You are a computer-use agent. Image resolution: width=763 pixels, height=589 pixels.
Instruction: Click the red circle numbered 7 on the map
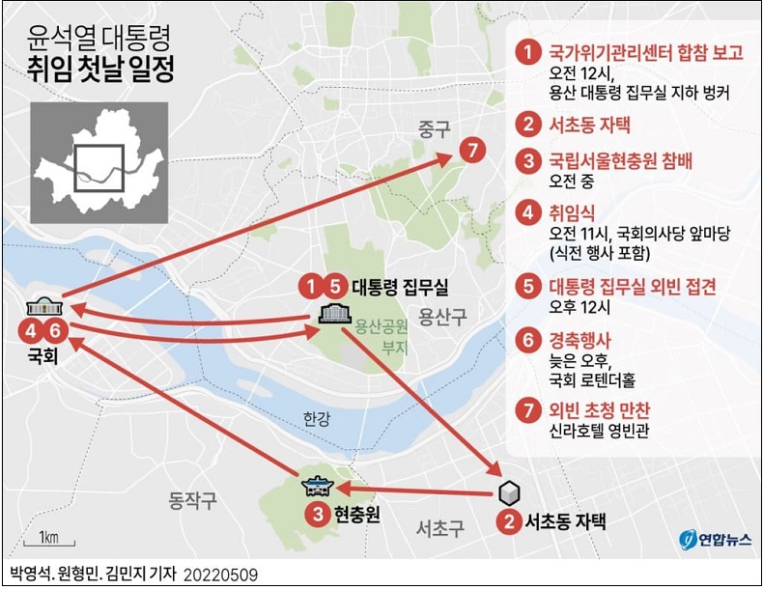click(x=470, y=153)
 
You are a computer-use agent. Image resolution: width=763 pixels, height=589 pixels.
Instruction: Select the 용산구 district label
click(x=442, y=315)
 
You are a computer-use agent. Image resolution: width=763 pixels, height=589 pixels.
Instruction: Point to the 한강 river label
click(x=316, y=417)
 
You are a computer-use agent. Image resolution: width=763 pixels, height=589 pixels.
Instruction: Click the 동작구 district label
click(x=193, y=499)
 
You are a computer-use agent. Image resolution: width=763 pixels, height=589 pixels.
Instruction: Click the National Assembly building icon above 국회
click(x=43, y=306)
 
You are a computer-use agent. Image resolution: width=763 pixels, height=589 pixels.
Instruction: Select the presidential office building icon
click(x=334, y=313)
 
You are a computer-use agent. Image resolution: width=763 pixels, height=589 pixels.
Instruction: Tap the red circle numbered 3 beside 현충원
click(x=316, y=515)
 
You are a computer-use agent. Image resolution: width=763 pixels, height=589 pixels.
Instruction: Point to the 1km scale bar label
click(x=49, y=536)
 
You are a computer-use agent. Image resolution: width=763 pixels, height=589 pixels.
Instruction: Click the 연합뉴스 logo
click(x=713, y=537)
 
